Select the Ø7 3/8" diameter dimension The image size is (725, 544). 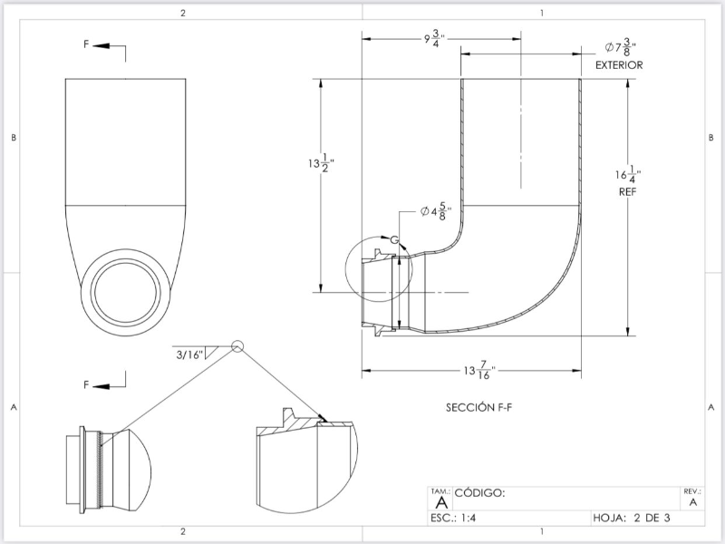(620, 49)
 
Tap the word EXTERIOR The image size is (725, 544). (619, 66)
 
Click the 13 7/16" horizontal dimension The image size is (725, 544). (478, 371)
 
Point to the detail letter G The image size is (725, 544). (395, 238)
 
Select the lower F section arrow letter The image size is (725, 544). (87, 385)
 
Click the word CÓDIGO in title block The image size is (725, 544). (479, 494)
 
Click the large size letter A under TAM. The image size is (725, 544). (441, 502)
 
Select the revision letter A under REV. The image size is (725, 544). (693, 501)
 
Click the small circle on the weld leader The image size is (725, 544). (237, 345)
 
